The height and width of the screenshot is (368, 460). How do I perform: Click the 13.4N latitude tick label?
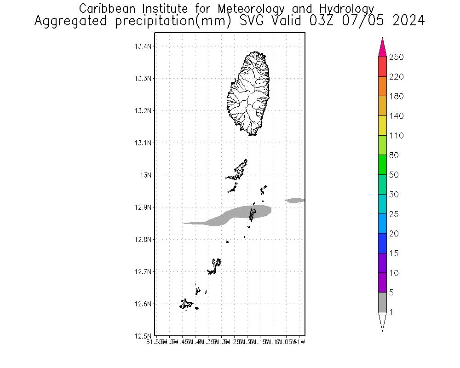143,46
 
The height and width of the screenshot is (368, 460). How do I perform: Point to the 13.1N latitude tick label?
143,143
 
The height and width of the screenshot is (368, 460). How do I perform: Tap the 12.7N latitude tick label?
143,272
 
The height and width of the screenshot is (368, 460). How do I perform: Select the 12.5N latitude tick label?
143,336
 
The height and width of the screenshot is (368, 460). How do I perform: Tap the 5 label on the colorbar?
394,293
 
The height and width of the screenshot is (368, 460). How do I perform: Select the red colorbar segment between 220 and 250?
382,67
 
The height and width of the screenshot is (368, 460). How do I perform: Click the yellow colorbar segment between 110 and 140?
382,126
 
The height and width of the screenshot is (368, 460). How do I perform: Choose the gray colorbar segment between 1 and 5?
382,302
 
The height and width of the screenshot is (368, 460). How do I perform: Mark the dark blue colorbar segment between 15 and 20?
382,243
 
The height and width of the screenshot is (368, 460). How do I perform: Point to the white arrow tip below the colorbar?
382,322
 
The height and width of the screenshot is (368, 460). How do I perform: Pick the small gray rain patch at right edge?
295,200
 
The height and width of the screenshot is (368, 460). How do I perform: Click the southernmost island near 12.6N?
186,304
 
